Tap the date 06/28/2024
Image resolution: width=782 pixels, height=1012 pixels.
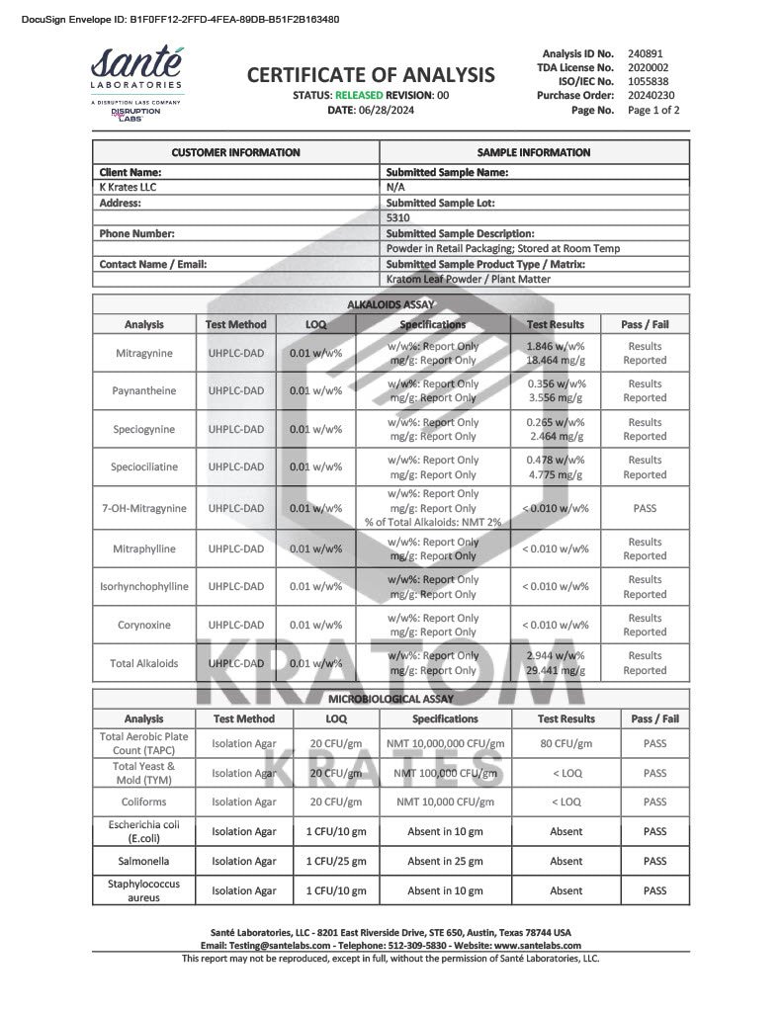pyautogui.click(x=384, y=110)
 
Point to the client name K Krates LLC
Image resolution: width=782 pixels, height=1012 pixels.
pyautogui.click(x=129, y=187)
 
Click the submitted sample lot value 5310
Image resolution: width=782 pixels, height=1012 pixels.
pyautogui.click(x=397, y=217)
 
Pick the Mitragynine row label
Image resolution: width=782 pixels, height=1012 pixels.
pyautogui.click(x=144, y=353)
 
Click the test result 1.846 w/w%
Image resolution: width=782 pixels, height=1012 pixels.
pyautogui.click(x=555, y=346)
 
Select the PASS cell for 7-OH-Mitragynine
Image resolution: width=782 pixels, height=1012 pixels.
pyautogui.click(x=645, y=508)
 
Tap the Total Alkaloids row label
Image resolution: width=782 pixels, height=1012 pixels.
pyautogui.click(x=144, y=663)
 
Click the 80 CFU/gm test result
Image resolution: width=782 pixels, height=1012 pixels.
pyautogui.click(x=565, y=744)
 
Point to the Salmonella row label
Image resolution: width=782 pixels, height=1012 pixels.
pyautogui.click(x=144, y=861)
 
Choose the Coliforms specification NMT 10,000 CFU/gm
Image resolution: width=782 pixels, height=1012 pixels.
pyautogui.click(x=445, y=801)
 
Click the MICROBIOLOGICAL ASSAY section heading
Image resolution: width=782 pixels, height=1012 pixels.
pyautogui.click(x=391, y=699)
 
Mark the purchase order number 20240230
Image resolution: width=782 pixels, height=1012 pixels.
pyautogui.click(x=652, y=96)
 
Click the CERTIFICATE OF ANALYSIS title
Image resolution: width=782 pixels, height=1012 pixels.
pyautogui.click(x=371, y=74)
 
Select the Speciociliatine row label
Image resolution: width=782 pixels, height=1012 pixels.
pyautogui.click(x=144, y=466)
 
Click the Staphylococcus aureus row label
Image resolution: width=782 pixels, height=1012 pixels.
pyautogui.click(x=144, y=890)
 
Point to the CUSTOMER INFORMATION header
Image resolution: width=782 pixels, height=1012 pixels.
pyautogui.click(x=236, y=152)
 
